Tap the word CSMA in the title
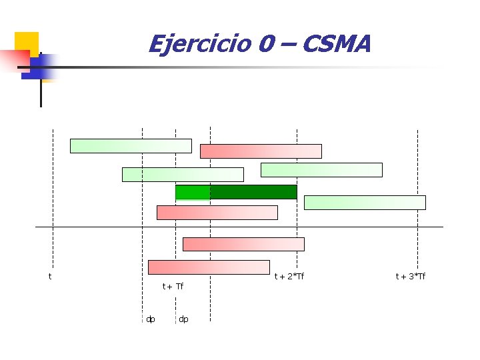[x=336, y=45]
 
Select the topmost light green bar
[x=131, y=146]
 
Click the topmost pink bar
[x=261, y=151]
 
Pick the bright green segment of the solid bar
[x=193, y=192]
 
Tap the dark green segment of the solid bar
[x=253, y=192]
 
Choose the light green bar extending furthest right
[x=365, y=203]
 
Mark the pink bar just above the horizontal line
[x=217, y=213]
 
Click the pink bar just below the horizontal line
[x=243, y=244]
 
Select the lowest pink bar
[x=209, y=267]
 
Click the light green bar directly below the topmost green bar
[x=183, y=175]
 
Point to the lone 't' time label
[x=50, y=276]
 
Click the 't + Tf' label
[x=173, y=287]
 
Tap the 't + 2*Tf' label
[x=289, y=276]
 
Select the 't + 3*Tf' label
[x=411, y=276]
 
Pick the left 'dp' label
[x=151, y=319]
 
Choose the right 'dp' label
[x=183, y=319]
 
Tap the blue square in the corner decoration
[x=37, y=67]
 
